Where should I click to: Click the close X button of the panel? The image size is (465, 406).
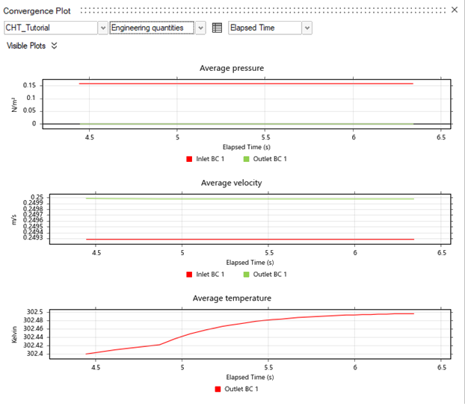454,10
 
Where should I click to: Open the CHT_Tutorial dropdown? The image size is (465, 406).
102,28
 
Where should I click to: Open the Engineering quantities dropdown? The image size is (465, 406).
200,28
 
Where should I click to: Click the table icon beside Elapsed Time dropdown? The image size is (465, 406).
217,28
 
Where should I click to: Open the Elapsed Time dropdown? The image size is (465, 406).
307,28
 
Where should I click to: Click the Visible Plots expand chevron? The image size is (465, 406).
55,46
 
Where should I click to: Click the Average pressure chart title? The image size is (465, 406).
232,69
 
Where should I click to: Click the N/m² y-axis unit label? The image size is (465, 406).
15,104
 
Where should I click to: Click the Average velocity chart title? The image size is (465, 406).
232,183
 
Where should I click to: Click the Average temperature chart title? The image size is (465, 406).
232,298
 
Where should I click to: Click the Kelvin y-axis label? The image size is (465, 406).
15,333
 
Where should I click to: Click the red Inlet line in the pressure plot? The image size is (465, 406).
247,84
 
